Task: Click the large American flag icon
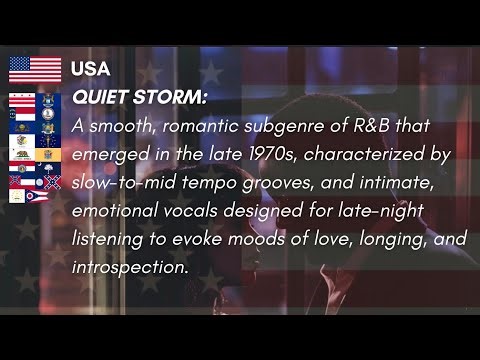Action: point(35,69)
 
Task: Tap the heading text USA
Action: point(90,69)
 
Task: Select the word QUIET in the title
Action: point(101,99)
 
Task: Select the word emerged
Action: point(109,156)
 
